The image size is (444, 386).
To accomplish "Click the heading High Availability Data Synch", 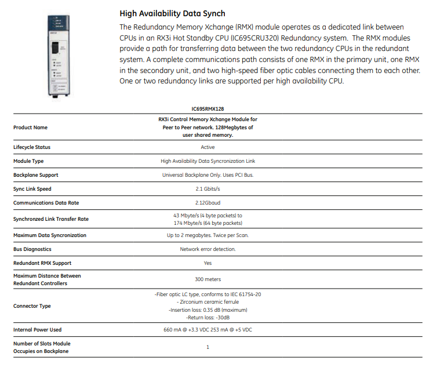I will (172, 13).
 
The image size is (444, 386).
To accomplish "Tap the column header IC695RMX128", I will (208, 108).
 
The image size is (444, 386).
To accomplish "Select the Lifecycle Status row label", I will (32, 147).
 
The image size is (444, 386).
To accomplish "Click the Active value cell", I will (208, 147).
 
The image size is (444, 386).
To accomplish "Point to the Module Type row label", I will (28, 161).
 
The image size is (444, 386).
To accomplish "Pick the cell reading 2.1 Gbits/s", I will (208, 189).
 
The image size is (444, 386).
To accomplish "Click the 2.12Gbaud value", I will (208, 203).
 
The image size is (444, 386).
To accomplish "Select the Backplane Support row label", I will (36, 175).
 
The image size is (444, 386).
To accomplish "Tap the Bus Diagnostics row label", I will (32, 249).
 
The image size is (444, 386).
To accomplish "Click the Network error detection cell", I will (208, 249).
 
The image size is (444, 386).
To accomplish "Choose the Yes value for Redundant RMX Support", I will (208, 263).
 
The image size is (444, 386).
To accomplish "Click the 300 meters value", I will (208, 279).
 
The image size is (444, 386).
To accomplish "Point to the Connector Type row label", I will (32, 306).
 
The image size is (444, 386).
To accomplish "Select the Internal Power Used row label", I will (37, 330).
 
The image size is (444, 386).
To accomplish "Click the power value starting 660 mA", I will (208, 330).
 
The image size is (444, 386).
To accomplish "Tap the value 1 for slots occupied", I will (208, 347).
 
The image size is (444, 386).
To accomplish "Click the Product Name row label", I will (30, 128).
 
